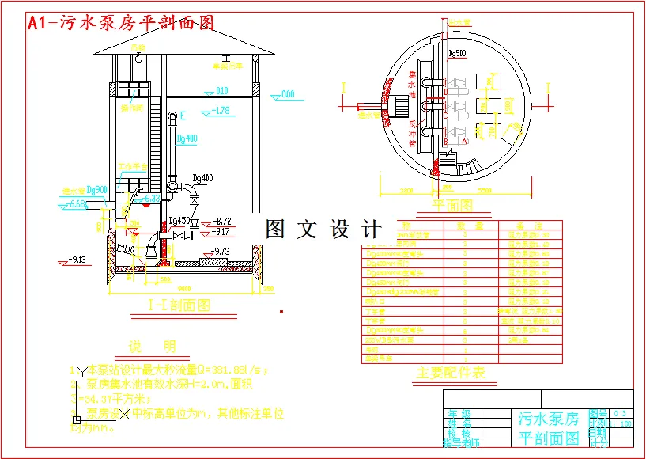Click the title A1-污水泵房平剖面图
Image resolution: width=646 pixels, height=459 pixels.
[121, 23]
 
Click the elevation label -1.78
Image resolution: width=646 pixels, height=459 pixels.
[222, 111]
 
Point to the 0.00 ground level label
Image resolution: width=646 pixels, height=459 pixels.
[286, 95]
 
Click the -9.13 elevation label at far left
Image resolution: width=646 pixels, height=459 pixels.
[76, 259]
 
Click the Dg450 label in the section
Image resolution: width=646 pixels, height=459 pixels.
[180, 221]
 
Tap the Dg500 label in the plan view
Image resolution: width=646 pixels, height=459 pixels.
[457, 54]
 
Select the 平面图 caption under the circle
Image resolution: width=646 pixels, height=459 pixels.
[452, 206]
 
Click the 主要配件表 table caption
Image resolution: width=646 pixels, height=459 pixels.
[451, 372]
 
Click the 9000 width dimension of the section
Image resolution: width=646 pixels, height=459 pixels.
[185, 288]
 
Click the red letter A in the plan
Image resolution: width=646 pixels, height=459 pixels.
[465, 140]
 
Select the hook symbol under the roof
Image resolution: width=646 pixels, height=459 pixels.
[139, 58]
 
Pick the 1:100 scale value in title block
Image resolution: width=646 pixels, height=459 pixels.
[622, 423]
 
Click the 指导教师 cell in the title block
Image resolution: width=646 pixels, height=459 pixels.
[461, 442]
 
